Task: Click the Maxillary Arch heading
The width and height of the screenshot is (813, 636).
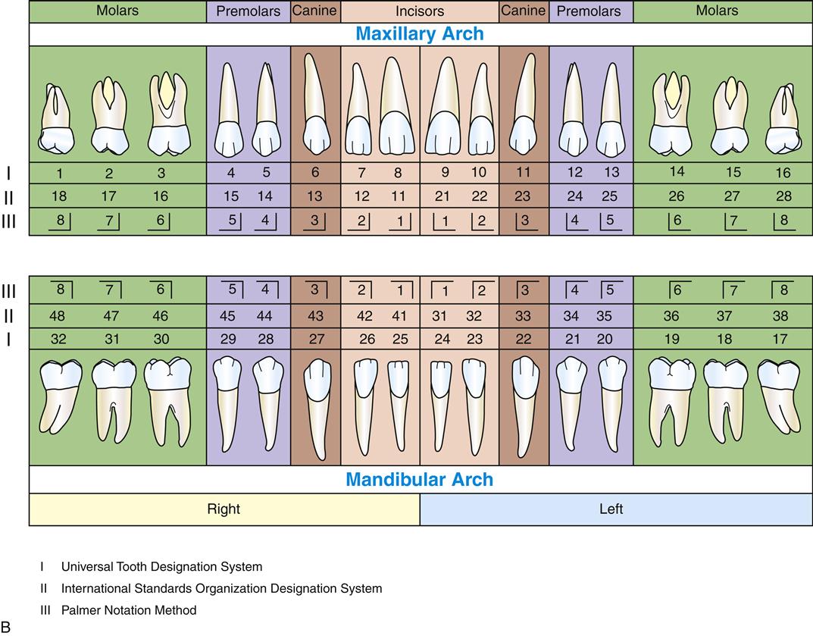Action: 419,34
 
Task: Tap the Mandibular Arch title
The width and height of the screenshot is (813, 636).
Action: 419,479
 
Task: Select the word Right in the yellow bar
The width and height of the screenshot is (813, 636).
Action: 224,509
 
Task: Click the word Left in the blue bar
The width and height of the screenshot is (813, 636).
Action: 611,509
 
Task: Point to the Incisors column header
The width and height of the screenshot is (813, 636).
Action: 419,11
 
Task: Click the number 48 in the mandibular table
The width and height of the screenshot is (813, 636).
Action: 58,315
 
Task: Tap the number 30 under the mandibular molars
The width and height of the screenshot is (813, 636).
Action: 161,339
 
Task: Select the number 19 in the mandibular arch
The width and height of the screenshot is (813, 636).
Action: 671,339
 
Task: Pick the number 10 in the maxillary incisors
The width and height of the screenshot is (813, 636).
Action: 478,173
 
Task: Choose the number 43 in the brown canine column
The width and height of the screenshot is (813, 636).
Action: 315,315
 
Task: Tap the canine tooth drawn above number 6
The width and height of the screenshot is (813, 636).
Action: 315,106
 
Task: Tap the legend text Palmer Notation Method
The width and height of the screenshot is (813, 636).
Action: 129,610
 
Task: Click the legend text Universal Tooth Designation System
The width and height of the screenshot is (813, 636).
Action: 161,566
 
